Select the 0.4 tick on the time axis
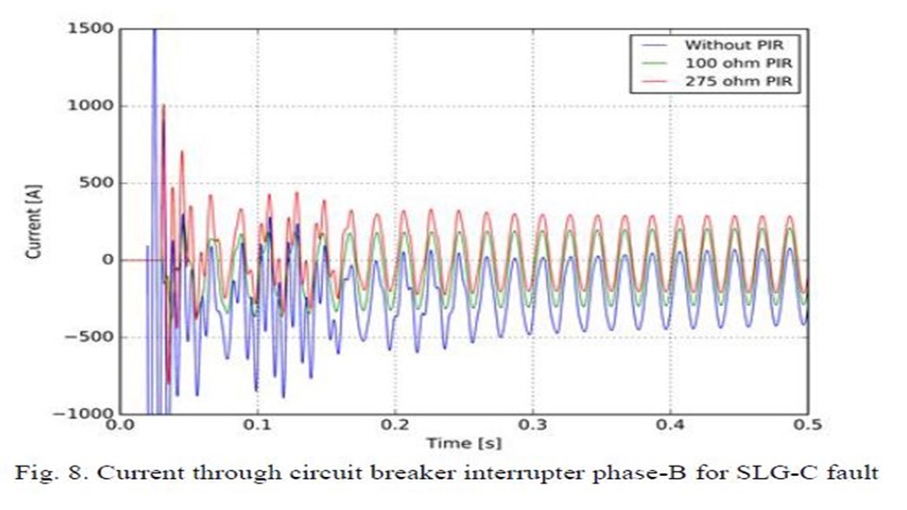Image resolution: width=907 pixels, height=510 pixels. (x=670, y=425)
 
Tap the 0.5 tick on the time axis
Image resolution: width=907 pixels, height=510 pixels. (x=806, y=425)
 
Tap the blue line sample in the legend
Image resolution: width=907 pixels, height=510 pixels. (x=654, y=44)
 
